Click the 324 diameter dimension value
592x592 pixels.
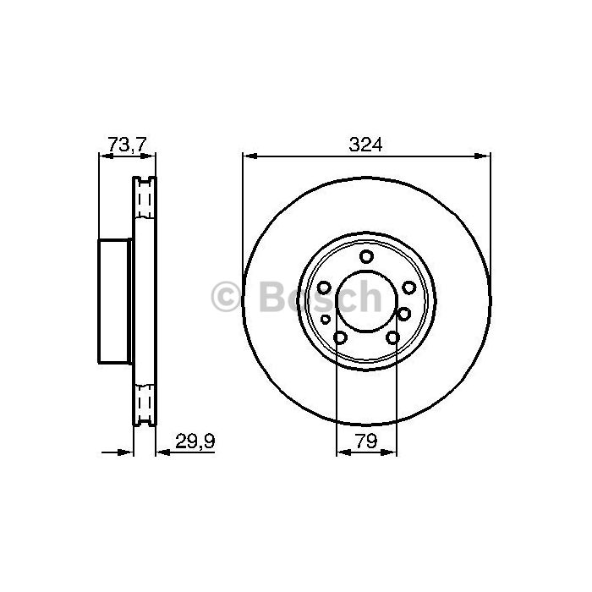[x=365, y=145]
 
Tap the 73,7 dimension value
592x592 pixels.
[x=127, y=144]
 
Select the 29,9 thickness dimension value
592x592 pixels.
[x=195, y=441]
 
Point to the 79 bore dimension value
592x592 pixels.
[x=366, y=441]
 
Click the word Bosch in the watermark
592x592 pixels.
[x=321, y=296]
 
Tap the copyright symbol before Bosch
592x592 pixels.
[x=226, y=296]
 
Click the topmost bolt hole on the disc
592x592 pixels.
[x=366, y=257]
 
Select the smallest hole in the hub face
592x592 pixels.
[x=325, y=320]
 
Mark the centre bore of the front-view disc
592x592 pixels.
[x=366, y=301]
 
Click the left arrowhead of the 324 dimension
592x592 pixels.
[x=250, y=156]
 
